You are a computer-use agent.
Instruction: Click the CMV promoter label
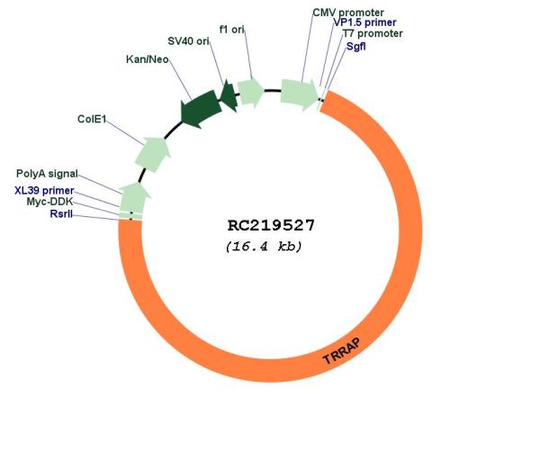[x=348, y=13]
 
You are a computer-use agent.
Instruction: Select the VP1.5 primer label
[x=365, y=23]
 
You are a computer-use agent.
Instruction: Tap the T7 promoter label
[x=373, y=34]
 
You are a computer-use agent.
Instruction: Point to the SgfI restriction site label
[x=356, y=46]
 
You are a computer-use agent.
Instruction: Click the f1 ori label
[x=232, y=30]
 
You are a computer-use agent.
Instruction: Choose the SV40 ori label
[x=188, y=41]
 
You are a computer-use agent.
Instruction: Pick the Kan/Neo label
[x=148, y=59]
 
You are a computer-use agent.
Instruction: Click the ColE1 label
[x=92, y=119]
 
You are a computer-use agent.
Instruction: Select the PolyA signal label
[x=47, y=174]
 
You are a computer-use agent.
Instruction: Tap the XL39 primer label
[x=44, y=191]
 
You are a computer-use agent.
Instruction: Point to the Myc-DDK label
[x=49, y=202]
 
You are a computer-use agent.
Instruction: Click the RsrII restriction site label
[x=61, y=214]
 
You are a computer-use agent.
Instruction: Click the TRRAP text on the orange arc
[x=342, y=351]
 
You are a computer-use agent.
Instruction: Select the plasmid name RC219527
[x=271, y=226]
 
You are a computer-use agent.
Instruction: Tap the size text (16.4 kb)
[x=264, y=247]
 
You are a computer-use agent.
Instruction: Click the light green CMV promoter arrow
[x=300, y=95]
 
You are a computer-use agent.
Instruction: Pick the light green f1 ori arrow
[x=250, y=92]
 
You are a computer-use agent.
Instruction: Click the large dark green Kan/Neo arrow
[x=201, y=108]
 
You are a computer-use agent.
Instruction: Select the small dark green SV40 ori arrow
[x=229, y=95]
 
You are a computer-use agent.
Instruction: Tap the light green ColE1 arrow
[x=153, y=154]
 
